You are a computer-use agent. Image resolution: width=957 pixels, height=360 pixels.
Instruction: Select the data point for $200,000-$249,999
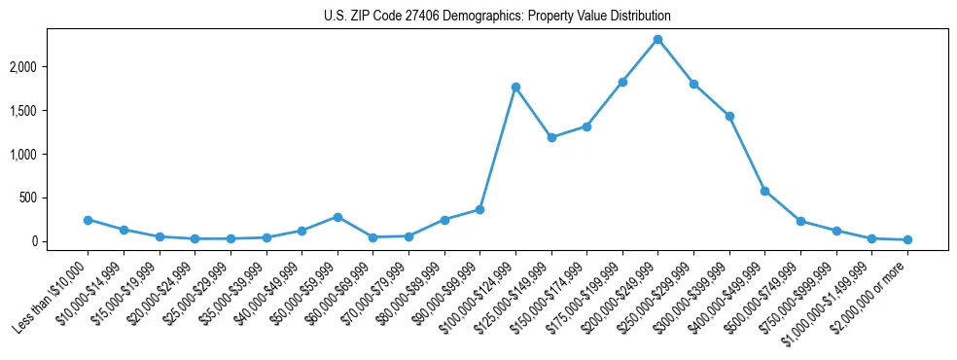point(658,40)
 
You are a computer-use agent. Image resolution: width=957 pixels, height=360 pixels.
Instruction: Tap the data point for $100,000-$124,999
point(515,88)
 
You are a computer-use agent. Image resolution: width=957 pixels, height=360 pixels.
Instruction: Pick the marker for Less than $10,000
point(88,220)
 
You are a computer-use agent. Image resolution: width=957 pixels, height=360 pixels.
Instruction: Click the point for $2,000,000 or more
point(907,239)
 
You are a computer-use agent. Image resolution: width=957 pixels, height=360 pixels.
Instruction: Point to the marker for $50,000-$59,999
point(337,217)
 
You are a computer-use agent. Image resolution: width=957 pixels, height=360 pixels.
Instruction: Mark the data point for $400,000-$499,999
point(765,191)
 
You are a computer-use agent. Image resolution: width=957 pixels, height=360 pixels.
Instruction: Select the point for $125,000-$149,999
point(551,137)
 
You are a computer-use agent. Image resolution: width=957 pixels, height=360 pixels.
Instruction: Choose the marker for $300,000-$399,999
point(729,116)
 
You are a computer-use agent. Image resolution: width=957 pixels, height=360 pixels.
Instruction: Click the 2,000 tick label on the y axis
point(51,67)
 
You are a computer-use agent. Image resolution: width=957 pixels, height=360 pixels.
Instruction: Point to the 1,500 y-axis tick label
point(51,111)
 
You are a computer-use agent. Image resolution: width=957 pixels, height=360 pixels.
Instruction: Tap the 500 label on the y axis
point(56,198)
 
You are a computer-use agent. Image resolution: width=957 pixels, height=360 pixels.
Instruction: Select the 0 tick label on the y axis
point(62,241)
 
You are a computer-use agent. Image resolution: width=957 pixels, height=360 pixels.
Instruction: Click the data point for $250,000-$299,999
point(693,84)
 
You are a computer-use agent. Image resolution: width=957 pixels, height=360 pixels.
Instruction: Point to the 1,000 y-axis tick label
point(51,154)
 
